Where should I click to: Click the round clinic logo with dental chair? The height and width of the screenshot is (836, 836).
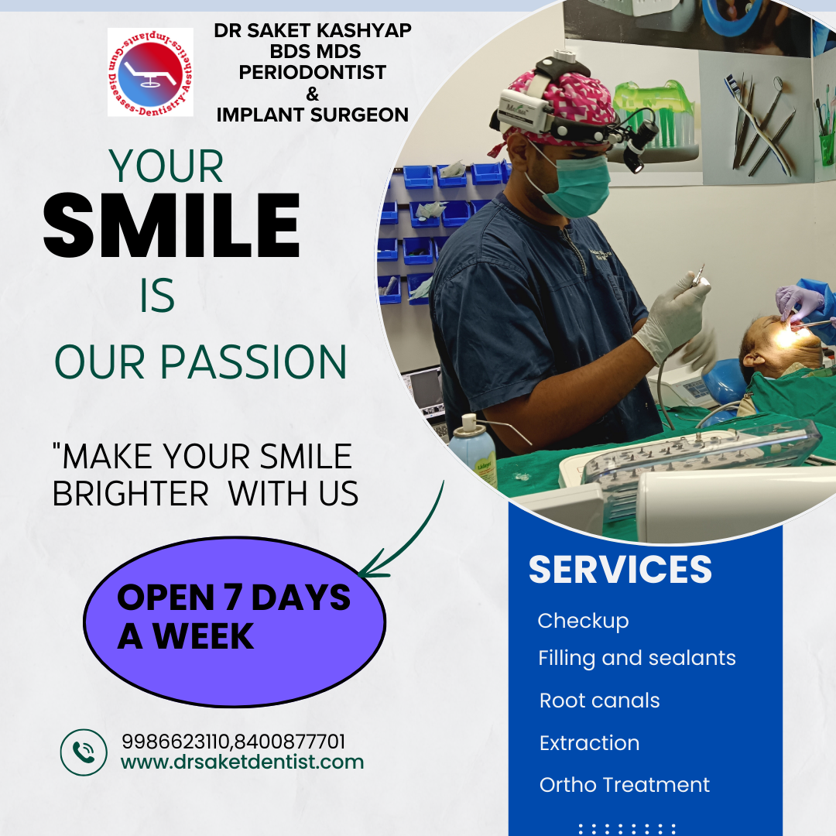150,72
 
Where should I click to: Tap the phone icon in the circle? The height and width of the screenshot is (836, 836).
84,752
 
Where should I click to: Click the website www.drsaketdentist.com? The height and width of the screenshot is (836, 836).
242,762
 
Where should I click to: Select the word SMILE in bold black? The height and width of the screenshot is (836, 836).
172,225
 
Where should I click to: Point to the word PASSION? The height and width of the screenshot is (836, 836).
254,362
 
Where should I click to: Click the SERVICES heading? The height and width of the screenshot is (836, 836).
620,570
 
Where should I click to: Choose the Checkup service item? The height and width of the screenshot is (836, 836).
584,621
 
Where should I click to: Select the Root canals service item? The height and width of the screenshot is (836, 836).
599,701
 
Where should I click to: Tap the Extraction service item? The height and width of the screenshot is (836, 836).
589,742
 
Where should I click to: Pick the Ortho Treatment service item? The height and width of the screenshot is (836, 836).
625,785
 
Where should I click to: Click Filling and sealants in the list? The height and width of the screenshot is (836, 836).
636,659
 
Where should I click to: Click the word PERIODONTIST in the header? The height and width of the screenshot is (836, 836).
313,72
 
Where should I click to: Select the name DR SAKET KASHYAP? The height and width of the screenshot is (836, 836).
313,30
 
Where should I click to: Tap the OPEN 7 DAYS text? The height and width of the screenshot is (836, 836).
234,597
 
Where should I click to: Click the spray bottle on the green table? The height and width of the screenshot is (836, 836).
472,451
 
